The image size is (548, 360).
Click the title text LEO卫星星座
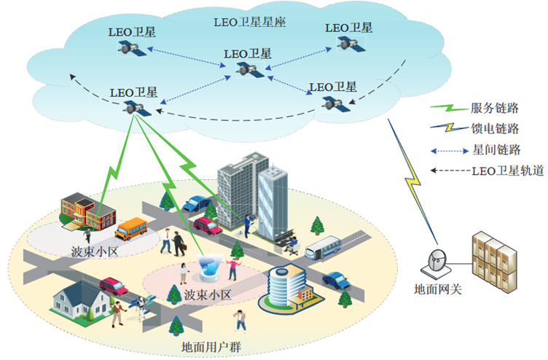coord(250,22)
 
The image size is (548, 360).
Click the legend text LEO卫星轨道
coord(504,172)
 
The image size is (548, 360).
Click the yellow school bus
coord(133,229)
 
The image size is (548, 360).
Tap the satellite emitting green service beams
coord(136,109)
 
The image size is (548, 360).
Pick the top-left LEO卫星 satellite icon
coord(132,48)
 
